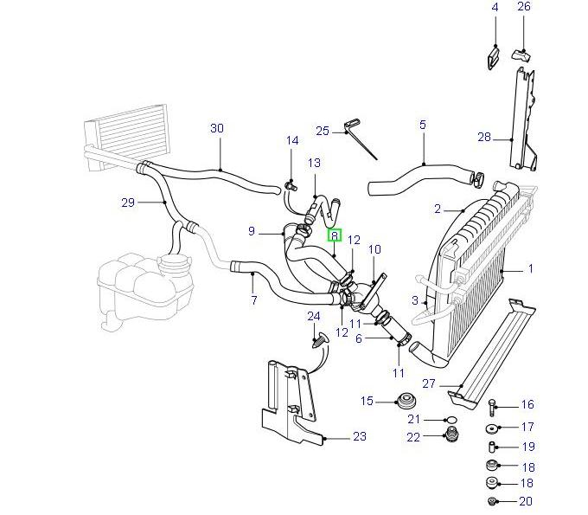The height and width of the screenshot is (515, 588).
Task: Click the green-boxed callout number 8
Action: (x=334, y=235)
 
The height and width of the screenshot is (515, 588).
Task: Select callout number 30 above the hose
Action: (x=217, y=129)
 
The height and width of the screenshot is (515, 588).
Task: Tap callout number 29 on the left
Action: (x=129, y=203)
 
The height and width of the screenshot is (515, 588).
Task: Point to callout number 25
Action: (x=323, y=132)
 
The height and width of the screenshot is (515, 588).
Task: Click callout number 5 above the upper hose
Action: (x=423, y=126)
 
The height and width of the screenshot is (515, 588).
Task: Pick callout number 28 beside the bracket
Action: (x=484, y=137)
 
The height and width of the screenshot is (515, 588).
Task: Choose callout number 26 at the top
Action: (x=523, y=8)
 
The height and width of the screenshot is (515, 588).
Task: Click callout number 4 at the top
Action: (x=495, y=8)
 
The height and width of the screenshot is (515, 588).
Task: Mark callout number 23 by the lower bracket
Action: (x=360, y=437)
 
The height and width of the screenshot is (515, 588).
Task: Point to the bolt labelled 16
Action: (x=492, y=405)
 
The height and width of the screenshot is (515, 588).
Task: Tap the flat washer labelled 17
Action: (x=492, y=428)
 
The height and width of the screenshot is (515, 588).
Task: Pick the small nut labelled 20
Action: (x=492, y=502)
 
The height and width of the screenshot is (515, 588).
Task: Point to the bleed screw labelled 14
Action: (x=291, y=183)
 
